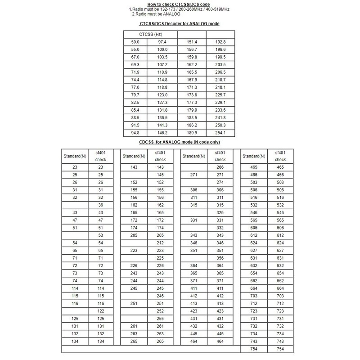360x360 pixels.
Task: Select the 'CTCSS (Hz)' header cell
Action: (x=151, y=34)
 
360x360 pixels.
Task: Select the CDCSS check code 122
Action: (x=100, y=311)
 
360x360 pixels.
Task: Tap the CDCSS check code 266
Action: (x=220, y=167)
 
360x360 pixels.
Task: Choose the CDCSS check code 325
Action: (x=220, y=212)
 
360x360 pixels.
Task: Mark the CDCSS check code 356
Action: (x=220, y=258)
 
